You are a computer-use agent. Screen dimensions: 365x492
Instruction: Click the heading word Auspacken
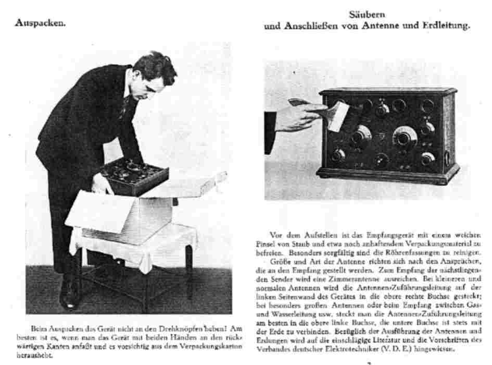coord(40,23)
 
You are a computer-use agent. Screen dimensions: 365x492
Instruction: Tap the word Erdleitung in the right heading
coord(446,26)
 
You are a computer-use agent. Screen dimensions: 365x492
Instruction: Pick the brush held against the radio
coord(336,115)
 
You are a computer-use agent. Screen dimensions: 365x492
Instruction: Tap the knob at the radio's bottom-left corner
coord(339,155)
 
